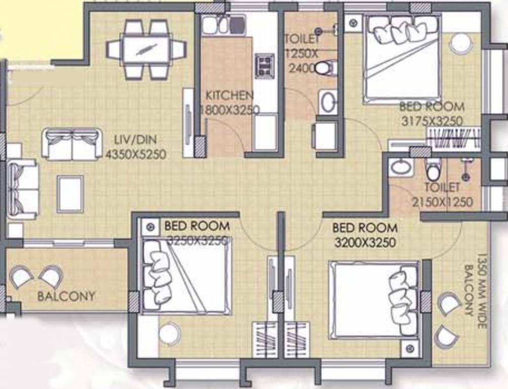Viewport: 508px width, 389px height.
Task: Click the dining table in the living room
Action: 146,50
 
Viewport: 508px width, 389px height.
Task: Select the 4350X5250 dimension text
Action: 136,154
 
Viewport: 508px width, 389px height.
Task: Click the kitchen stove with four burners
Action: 264,65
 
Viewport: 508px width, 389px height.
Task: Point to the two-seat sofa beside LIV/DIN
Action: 71,144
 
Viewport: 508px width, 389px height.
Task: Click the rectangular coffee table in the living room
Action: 70,193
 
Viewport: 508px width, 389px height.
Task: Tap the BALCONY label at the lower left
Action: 66,296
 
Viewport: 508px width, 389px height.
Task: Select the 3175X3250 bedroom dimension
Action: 432,122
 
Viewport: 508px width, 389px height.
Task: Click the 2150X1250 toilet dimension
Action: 442,202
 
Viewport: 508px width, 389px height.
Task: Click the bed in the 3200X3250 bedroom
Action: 374,299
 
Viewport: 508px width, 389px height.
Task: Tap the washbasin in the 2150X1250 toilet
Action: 400,168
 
